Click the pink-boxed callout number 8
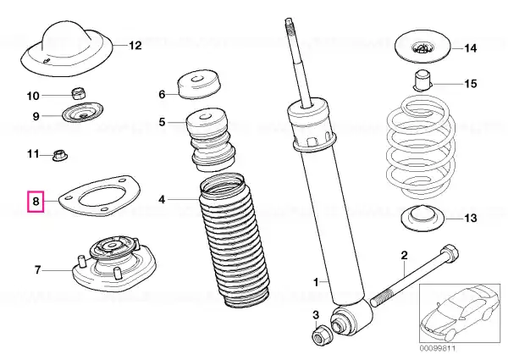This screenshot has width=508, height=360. coord(36,202)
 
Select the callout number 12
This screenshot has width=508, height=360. coord(135,46)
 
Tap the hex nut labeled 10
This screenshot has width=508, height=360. coord(78,93)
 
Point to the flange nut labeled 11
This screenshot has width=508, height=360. coord(59,155)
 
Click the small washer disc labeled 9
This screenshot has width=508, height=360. coord(83,112)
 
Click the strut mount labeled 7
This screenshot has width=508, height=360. coord(113,263)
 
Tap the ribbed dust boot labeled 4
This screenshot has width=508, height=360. coord(234,241)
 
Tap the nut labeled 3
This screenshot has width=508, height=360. coord(322,335)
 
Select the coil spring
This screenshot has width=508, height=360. coord(422,147)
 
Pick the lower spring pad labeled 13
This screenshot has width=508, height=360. coord(423,219)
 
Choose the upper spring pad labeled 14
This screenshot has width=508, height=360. coord(422,48)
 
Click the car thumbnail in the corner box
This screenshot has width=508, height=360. coord(460,313)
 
